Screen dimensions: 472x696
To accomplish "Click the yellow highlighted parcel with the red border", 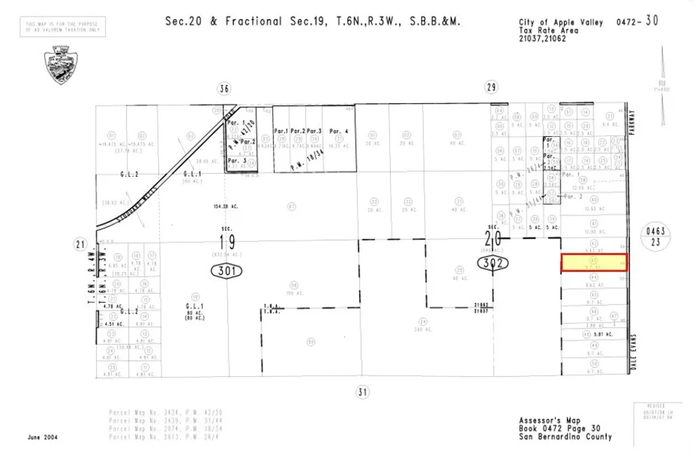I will (593, 263).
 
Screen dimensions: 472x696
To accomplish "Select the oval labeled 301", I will (226, 271).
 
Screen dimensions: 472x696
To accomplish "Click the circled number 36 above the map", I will (223, 88).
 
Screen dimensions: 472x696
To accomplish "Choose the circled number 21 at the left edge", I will (80, 245).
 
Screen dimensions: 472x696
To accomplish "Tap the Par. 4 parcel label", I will (338, 131).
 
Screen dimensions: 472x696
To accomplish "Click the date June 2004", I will (42, 437).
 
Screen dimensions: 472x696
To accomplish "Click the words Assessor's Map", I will (540, 420).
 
